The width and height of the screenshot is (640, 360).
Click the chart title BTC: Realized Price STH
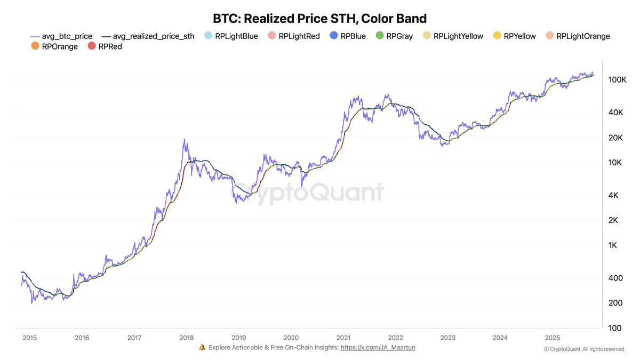319,19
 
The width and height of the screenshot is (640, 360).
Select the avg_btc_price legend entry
62,36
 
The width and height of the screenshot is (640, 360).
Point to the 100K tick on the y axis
617,79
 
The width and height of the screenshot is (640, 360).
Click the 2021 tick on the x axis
343,338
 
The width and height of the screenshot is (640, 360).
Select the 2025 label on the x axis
552,338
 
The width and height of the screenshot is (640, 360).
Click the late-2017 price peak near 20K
185,140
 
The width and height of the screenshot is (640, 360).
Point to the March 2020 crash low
302,186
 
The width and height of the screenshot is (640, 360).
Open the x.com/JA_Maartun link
378,347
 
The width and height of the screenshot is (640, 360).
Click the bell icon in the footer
202,347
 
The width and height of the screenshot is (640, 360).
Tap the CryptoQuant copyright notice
584,349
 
